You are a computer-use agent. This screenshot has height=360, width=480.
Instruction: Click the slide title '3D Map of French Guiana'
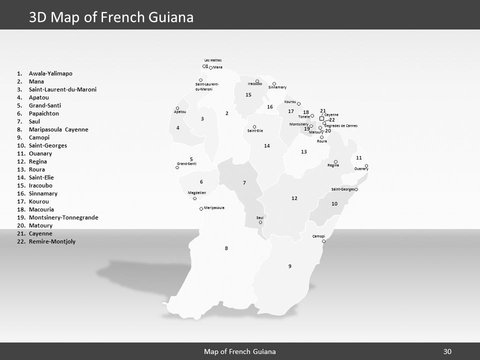[x=111, y=17]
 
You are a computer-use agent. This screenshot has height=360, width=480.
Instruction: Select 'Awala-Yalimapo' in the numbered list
[x=50, y=73]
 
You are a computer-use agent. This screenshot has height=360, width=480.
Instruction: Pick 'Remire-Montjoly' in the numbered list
[x=52, y=241]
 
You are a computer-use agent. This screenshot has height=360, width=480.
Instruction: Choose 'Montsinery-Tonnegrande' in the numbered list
[x=63, y=217]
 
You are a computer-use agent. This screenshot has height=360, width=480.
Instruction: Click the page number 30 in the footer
[x=447, y=351]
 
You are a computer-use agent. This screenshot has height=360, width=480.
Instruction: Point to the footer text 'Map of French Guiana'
[x=240, y=351]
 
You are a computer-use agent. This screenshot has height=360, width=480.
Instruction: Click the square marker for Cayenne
[x=321, y=118]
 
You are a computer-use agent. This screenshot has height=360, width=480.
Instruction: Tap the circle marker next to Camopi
[x=324, y=241]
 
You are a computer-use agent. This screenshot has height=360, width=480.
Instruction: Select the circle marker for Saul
[x=260, y=222]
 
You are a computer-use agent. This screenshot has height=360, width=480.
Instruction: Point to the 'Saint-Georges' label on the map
[x=342, y=189]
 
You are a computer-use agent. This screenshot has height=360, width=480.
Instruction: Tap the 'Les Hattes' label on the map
[x=213, y=60]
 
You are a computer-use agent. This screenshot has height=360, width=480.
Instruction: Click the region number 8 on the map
[x=226, y=248]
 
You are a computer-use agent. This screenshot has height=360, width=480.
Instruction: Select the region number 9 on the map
[x=289, y=266]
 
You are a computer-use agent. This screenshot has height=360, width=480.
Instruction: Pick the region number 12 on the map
[x=294, y=198]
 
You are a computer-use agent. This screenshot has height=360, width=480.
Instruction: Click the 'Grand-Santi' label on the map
[x=187, y=163]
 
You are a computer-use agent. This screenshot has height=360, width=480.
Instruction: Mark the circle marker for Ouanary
[x=366, y=165]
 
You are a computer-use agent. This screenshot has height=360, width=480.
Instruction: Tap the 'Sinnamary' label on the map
[x=277, y=87]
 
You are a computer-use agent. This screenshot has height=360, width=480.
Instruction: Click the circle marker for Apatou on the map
[x=177, y=108]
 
